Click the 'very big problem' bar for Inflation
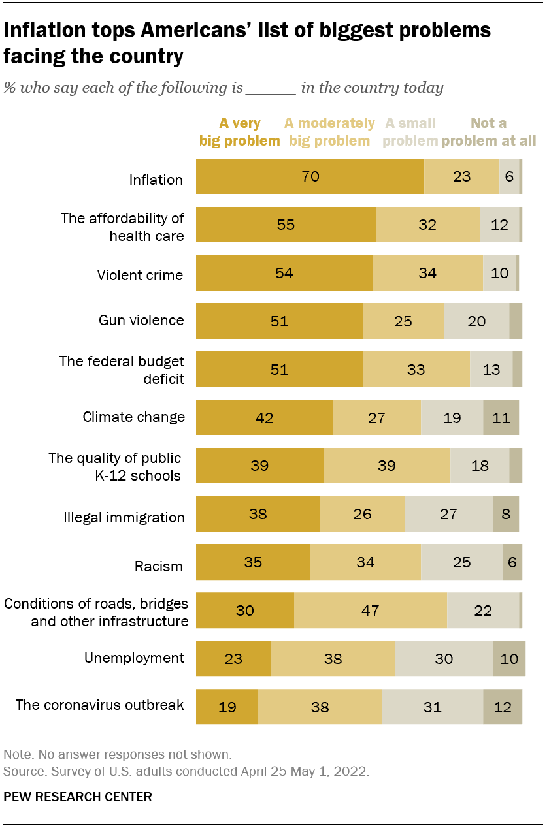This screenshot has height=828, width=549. (x=310, y=176)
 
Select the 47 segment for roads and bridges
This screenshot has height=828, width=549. (x=370, y=611)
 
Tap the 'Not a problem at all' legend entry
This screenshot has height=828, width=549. (x=489, y=132)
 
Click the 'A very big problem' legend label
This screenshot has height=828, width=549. (x=240, y=132)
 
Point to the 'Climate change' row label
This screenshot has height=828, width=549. (x=133, y=417)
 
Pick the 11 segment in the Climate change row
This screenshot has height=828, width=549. (x=501, y=418)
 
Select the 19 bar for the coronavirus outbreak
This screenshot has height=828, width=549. (x=227, y=707)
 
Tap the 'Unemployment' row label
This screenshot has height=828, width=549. (x=134, y=658)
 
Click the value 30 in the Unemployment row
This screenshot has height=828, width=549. (x=444, y=659)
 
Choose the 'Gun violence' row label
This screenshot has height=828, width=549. (x=141, y=321)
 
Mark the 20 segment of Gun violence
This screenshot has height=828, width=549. (x=476, y=321)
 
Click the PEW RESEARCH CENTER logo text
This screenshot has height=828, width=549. (x=78, y=797)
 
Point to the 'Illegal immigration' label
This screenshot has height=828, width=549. (x=124, y=518)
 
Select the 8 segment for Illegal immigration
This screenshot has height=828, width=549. (x=506, y=514)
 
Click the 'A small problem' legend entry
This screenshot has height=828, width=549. (x=410, y=132)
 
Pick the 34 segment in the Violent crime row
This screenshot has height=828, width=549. (x=427, y=273)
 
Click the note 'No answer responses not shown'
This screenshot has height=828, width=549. (x=117, y=754)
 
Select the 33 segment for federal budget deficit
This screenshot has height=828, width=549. (x=416, y=370)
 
